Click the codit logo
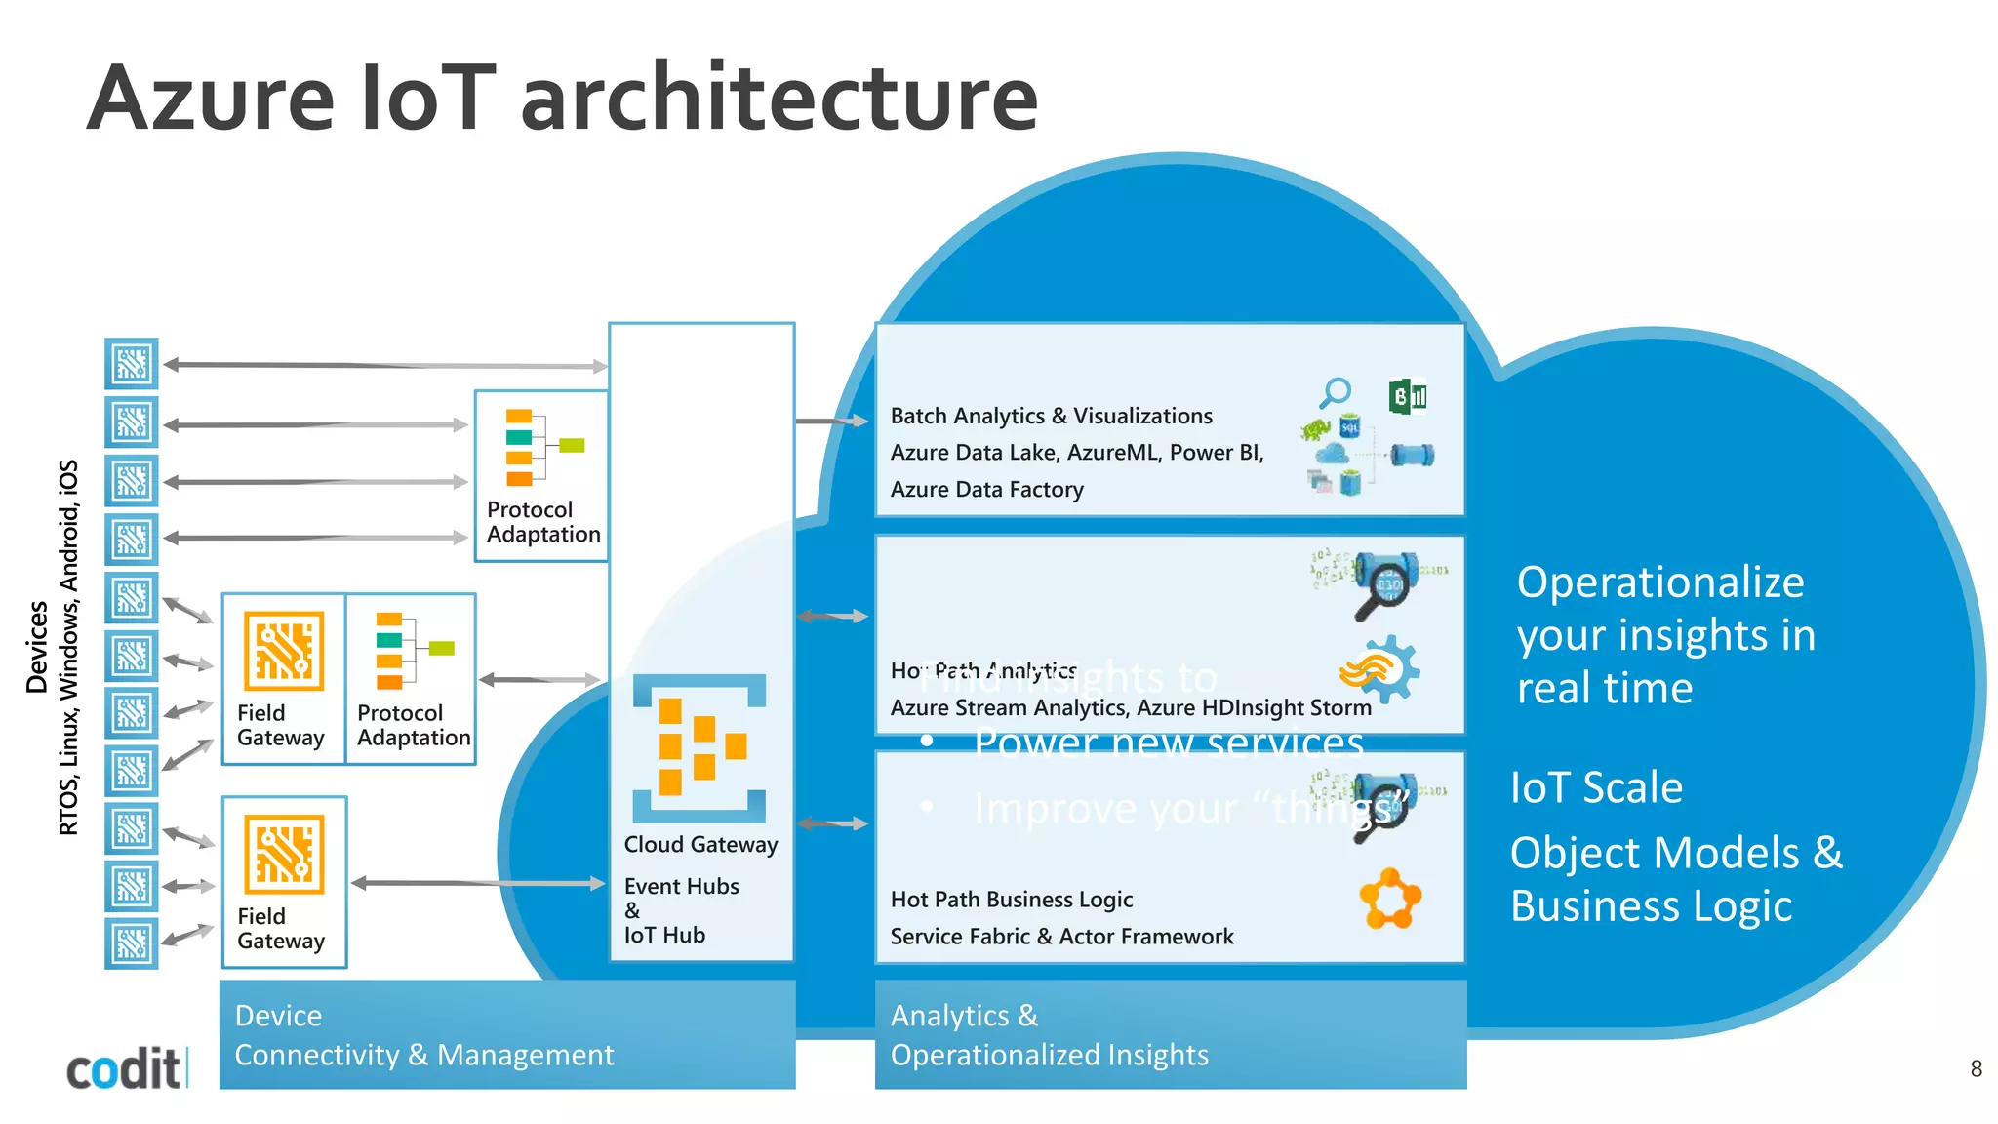pyautogui.click(x=124, y=1069)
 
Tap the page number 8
pyautogui.click(x=1976, y=1069)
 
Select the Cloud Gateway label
pyautogui.click(x=700, y=845)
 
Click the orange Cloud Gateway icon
pyautogui.click(x=699, y=747)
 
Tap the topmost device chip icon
pyautogui.click(x=132, y=364)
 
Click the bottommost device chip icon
pyautogui.click(x=132, y=943)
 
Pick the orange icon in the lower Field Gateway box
pyautogui.click(x=284, y=855)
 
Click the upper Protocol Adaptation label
pyautogui.click(x=542, y=522)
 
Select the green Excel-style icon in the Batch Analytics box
pyautogui.click(x=1407, y=397)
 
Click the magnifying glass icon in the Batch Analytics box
pyautogui.click(x=1336, y=393)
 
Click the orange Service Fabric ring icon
pyautogui.click(x=1390, y=899)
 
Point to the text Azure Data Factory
pyautogui.click(x=986, y=490)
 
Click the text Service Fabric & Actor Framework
pyautogui.click(x=1061, y=937)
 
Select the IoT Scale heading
pyautogui.click(x=1596, y=787)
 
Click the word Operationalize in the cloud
pyautogui.click(x=1660, y=582)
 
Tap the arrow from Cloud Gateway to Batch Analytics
pyautogui.click(x=831, y=421)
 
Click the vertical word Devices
pyautogui.click(x=37, y=647)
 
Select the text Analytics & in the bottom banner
pyautogui.click(x=964, y=1016)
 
